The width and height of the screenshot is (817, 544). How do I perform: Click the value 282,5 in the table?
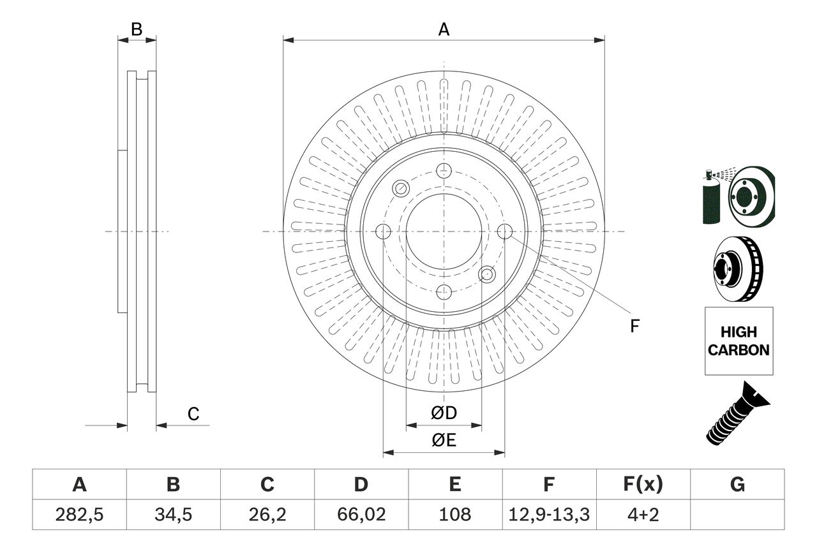79,515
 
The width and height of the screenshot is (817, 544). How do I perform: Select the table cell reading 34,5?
173,515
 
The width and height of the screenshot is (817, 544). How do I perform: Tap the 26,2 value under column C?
267,515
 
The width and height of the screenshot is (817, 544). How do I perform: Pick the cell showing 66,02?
361,515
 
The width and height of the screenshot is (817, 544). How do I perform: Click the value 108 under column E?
454,515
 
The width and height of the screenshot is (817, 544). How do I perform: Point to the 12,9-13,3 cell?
548,515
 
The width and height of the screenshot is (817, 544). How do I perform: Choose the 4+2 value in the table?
642,515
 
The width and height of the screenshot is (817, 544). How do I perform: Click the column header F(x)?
642,485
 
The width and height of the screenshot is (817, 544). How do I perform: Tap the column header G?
737,485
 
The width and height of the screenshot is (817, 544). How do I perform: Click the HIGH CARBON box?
738,341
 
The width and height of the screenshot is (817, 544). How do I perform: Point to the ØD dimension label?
444,413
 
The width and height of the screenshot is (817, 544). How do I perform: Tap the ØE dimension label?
444,441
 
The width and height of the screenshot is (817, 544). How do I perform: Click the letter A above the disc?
444,29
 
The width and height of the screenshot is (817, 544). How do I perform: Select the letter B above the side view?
137,29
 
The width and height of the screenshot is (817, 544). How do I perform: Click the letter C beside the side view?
193,414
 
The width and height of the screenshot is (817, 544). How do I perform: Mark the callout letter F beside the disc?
634,326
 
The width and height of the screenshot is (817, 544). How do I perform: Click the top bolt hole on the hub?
443,170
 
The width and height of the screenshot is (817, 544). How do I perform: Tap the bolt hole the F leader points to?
504,232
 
